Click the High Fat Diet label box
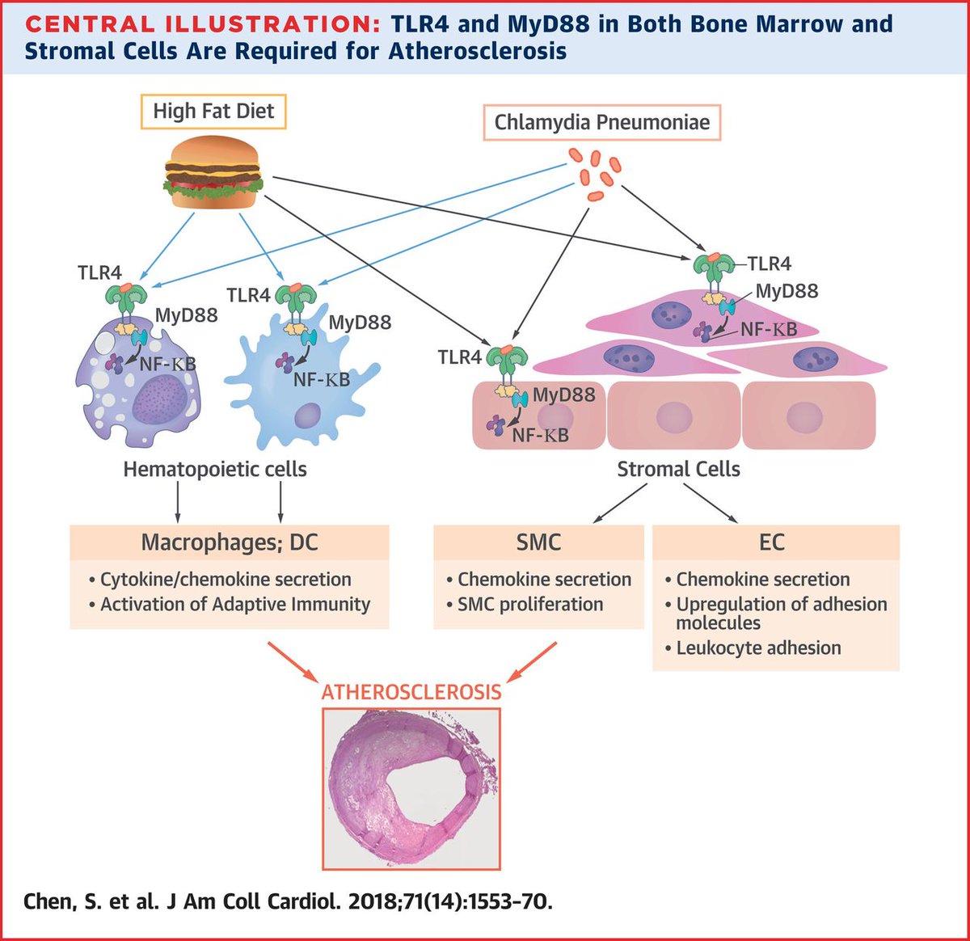click(213, 112)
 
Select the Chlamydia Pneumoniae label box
click(601, 123)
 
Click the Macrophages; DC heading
click(230, 542)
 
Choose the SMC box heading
click(538, 542)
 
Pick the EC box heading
click(772, 542)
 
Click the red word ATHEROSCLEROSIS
click(411, 692)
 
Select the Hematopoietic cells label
click(215, 469)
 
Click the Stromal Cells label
click(678, 469)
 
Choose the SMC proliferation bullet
click(525, 604)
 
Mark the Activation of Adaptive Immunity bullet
click(230, 604)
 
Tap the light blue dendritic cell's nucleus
click(308, 416)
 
